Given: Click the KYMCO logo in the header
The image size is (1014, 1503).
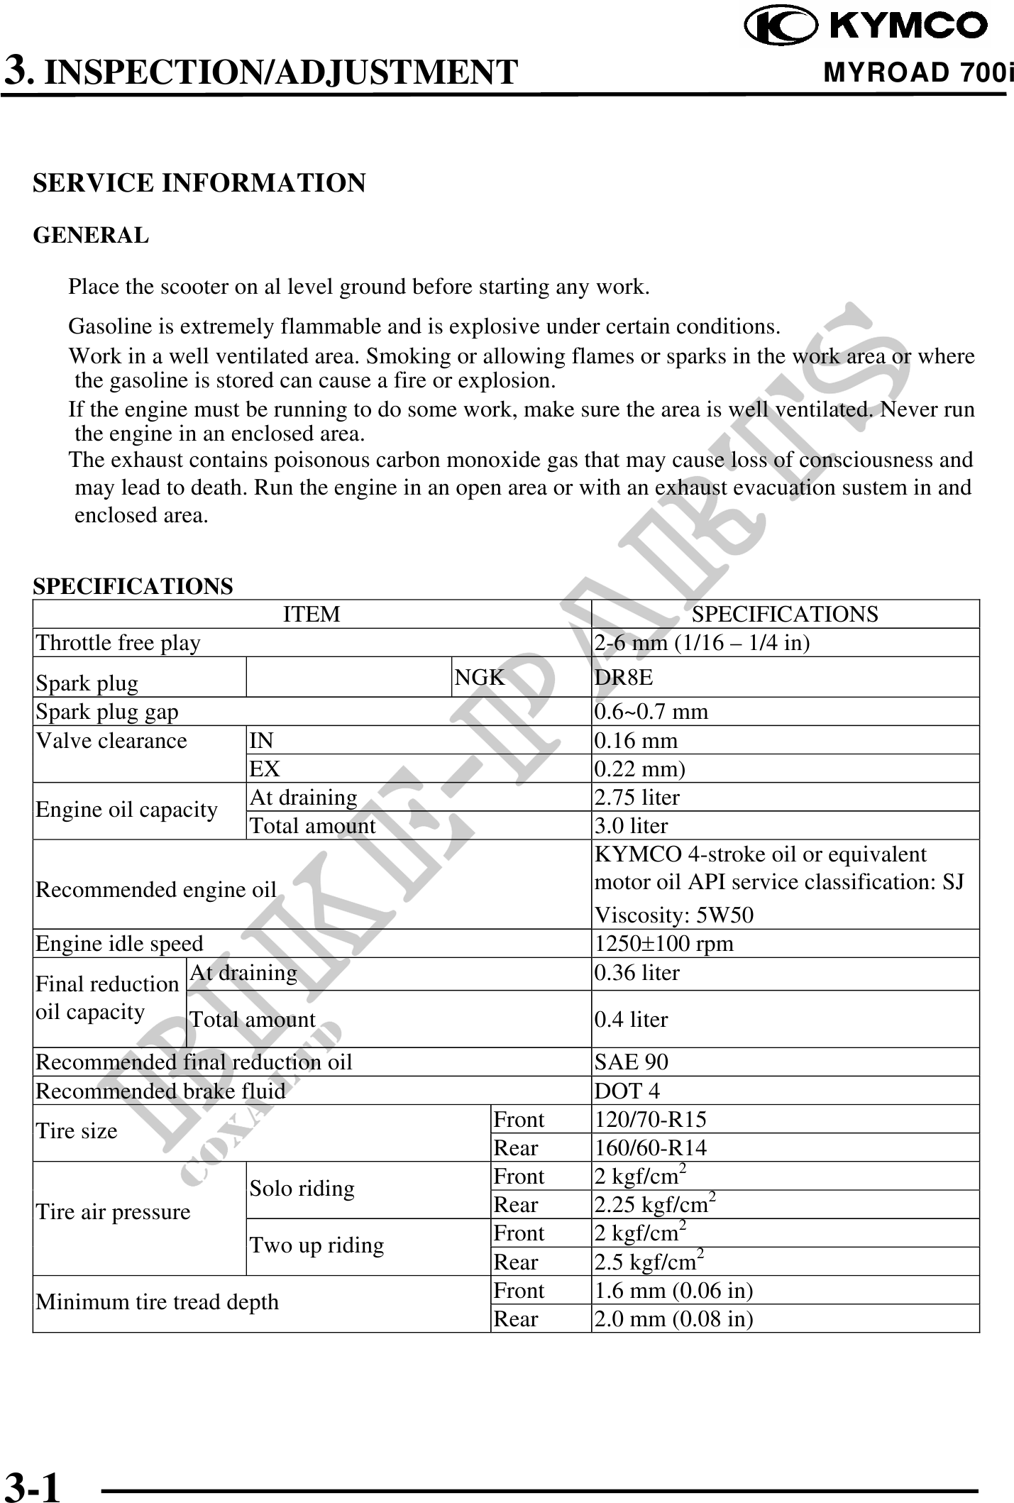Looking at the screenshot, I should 866,26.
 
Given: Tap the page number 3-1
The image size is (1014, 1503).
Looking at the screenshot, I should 33,1467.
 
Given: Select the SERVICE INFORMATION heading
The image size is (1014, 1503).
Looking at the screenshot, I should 199,183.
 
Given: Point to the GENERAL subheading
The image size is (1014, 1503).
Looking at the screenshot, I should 92,235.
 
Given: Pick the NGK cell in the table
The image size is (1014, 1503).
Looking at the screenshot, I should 480,677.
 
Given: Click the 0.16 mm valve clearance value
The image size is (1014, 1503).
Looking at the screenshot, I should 636,740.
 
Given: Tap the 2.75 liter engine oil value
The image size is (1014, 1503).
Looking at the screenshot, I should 636,797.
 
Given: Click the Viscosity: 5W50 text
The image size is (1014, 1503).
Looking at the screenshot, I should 674,915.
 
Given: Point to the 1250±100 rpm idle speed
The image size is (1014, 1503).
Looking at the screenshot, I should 663,943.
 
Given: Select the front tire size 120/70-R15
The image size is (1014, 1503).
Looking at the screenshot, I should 650,1119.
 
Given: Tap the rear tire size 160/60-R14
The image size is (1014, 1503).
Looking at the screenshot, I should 650,1147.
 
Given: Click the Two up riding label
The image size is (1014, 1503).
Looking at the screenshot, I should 316,1245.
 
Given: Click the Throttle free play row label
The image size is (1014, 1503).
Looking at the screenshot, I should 119,642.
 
